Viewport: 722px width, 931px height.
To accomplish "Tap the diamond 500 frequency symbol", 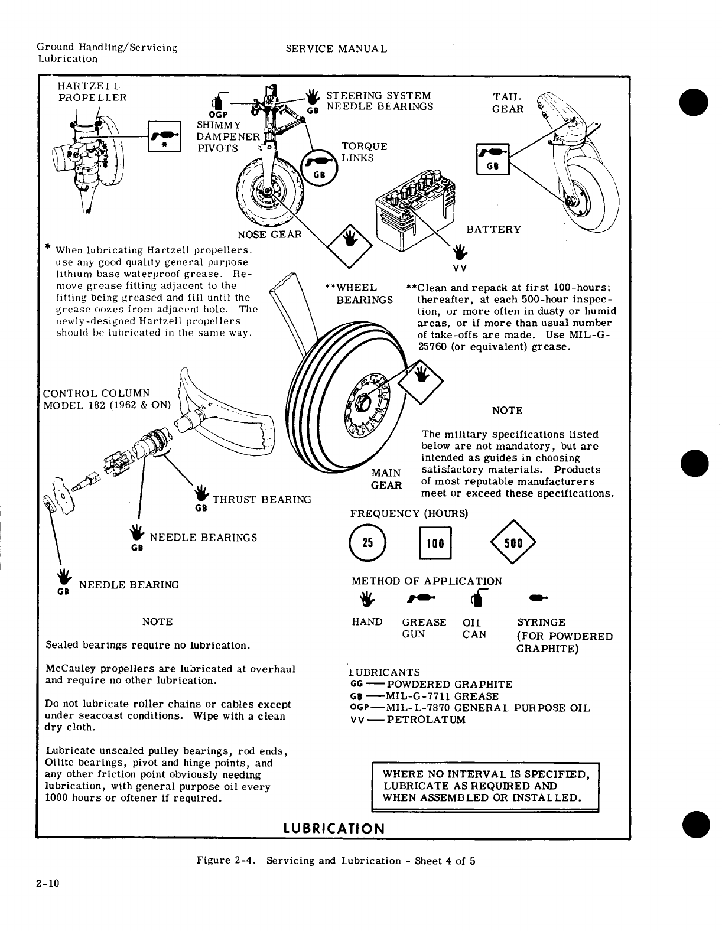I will [x=512, y=543].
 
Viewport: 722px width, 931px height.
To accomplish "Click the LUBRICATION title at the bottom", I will [x=334, y=828].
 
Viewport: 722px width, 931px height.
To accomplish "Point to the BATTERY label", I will [x=494, y=229].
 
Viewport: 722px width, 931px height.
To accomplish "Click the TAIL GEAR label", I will [x=508, y=103].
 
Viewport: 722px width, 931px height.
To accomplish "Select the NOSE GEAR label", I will [x=269, y=234].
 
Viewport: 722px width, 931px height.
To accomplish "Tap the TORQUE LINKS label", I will [x=365, y=152].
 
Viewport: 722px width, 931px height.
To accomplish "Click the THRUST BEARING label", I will [x=262, y=500].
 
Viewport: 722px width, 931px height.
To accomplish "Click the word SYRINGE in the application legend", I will [x=541, y=622].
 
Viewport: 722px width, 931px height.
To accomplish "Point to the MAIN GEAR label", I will [x=386, y=479].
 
